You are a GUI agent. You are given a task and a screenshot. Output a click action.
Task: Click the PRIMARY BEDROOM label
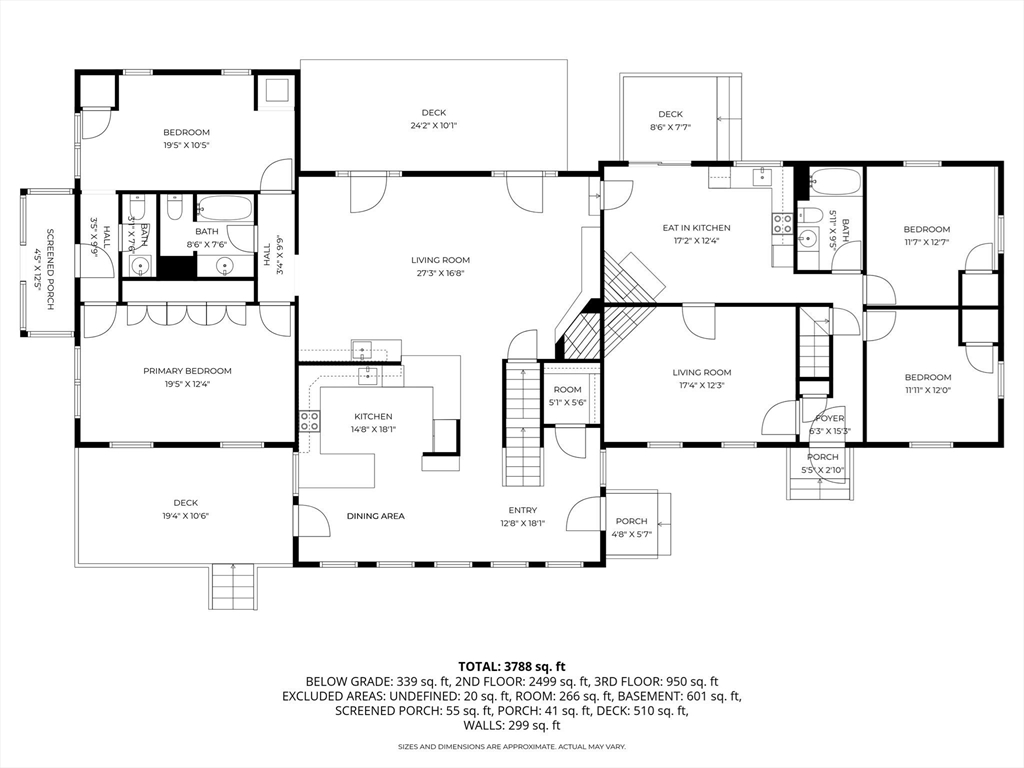click(x=186, y=370)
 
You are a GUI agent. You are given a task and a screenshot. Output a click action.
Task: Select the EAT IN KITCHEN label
click(x=696, y=228)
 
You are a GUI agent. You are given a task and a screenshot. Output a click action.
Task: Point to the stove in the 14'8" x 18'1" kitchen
click(x=309, y=421)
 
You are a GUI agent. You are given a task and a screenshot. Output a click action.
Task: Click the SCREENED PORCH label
click(x=38, y=261)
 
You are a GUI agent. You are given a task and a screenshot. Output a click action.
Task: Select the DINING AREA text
click(x=375, y=516)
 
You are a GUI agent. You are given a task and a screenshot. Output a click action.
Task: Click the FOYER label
click(x=830, y=418)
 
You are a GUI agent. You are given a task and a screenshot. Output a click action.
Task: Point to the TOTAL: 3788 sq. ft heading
click(x=512, y=665)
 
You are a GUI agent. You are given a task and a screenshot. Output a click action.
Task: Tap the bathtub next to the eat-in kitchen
click(x=832, y=183)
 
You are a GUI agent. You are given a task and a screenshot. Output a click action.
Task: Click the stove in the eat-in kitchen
click(x=781, y=224)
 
